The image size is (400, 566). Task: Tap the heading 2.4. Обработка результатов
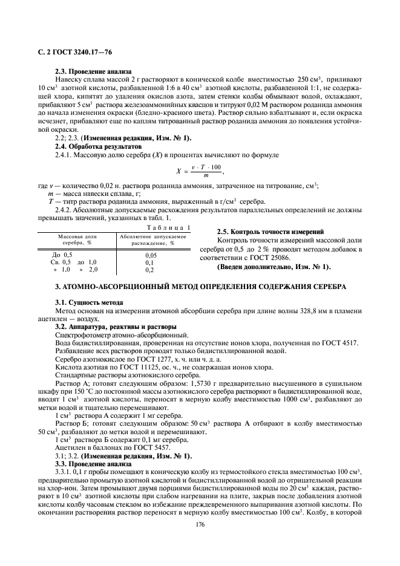[x=90, y=147]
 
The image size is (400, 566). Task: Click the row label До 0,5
[x=62, y=255]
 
